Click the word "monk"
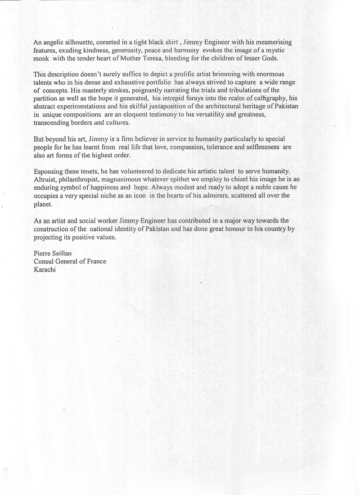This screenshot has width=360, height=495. tap(41, 58)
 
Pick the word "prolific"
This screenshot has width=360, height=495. tap(168, 73)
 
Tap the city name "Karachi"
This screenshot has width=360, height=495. tap(45, 269)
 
